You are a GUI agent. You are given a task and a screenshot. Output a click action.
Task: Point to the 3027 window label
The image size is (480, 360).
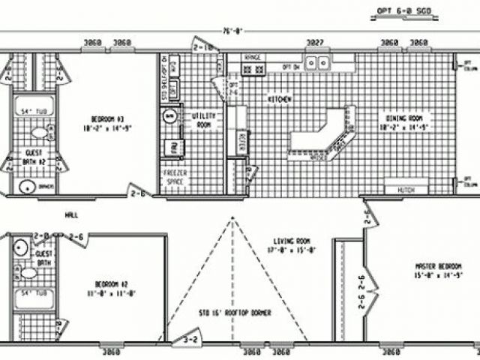click(x=315, y=42)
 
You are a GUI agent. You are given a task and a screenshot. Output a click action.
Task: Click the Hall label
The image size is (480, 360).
click(x=72, y=214)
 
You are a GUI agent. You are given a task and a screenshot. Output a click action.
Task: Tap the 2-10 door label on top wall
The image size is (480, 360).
click(x=203, y=47)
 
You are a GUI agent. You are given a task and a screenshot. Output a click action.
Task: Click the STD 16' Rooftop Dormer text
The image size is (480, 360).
click(x=235, y=312)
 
